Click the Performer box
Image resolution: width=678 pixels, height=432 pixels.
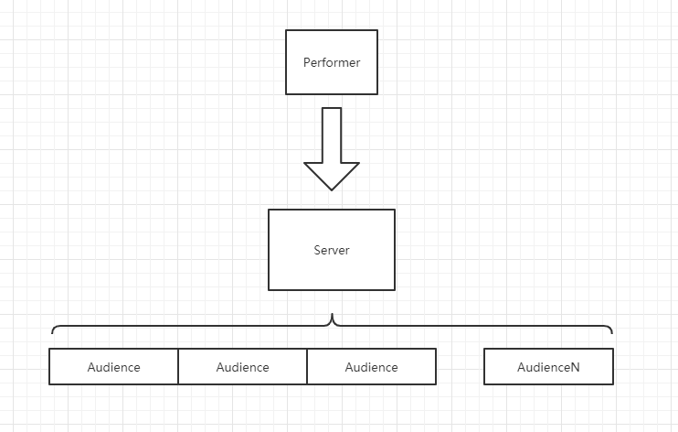click(332, 62)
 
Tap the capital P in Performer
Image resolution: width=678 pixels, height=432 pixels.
click(307, 62)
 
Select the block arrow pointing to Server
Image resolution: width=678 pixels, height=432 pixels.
click(332, 148)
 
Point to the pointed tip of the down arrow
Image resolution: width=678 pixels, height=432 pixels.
click(332, 189)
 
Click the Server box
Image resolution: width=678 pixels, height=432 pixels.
click(332, 250)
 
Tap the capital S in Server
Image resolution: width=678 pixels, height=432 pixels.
click(317, 250)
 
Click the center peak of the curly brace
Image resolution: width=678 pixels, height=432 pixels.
click(332, 315)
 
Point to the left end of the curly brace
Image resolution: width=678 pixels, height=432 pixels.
click(52, 333)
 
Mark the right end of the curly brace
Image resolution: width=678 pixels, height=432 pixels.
click(612, 333)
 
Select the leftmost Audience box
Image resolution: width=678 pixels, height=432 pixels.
click(113, 366)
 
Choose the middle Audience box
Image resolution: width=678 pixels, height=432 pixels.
click(242, 366)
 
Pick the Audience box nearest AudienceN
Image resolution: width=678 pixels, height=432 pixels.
click(371, 366)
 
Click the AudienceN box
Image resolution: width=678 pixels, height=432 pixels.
click(548, 366)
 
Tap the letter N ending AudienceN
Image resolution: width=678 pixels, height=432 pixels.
click(575, 367)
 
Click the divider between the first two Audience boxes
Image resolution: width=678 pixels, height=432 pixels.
click(178, 366)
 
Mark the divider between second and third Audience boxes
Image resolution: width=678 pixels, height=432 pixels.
click(307, 366)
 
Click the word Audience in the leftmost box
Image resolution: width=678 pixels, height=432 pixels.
click(113, 367)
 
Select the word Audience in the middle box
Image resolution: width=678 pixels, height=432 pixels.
click(242, 367)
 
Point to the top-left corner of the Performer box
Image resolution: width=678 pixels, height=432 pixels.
click(286, 30)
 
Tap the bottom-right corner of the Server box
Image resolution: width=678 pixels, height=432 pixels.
click(395, 290)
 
